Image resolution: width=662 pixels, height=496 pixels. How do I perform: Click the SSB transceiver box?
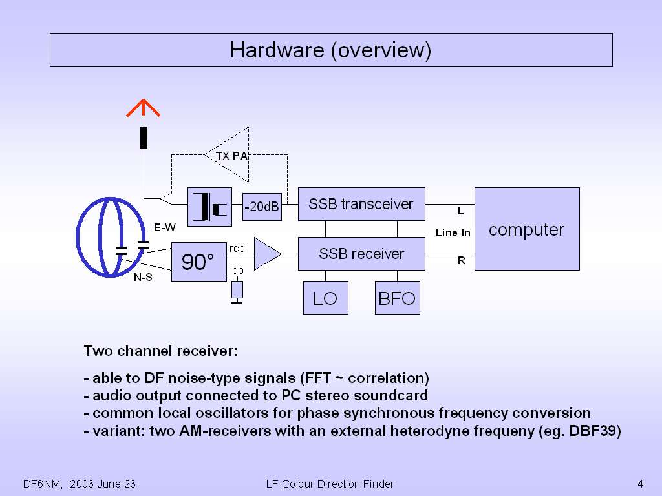click(361, 204)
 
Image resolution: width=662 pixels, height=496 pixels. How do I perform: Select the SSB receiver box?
click(361, 254)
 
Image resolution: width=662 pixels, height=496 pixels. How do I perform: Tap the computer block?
click(526, 229)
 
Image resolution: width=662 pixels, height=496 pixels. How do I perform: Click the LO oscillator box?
click(325, 298)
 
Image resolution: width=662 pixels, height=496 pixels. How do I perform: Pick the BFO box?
click(397, 298)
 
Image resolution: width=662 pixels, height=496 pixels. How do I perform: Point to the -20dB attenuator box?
click(262, 207)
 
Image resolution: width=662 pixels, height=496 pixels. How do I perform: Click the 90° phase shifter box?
click(198, 262)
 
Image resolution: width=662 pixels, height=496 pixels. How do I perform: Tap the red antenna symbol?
click(143, 108)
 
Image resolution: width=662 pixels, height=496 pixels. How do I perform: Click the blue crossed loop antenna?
click(110, 237)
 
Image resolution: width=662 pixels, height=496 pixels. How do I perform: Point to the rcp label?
click(237, 247)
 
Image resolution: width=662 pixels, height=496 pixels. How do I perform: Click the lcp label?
click(236, 270)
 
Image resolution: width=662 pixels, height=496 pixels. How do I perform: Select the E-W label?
click(164, 227)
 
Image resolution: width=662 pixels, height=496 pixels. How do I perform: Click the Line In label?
click(453, 232)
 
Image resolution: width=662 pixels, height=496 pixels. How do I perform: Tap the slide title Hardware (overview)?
click(330, 50)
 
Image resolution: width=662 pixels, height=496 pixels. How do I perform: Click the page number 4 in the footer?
click(639, 484)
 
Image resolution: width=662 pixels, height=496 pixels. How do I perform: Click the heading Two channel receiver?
click(161, 351)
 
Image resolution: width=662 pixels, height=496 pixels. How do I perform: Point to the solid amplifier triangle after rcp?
click(266, 253)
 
